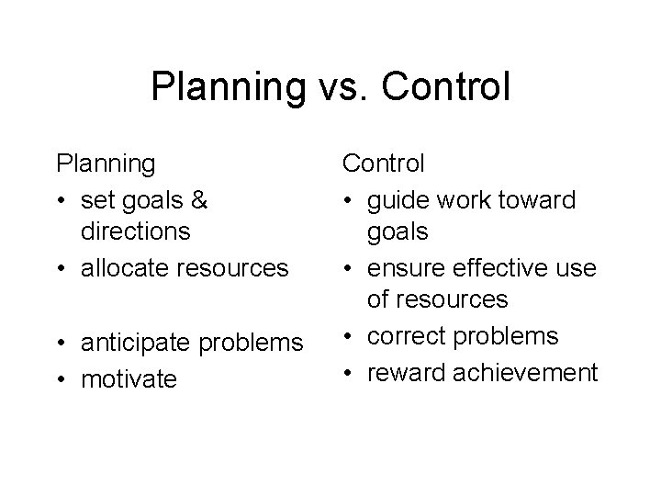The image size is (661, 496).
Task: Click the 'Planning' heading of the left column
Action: (106, 163)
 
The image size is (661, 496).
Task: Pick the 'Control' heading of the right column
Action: (384, 163)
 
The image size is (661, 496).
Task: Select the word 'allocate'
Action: (123, 268)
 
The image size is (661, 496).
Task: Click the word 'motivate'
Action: (129, 378)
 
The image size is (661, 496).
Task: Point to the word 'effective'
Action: (495, 267)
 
